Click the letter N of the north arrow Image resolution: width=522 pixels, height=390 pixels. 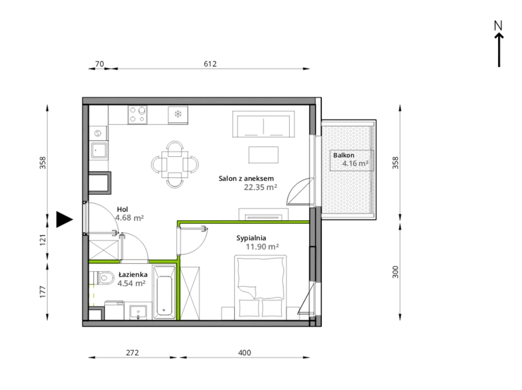click(498, 26)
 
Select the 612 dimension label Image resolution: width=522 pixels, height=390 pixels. click(210, 64)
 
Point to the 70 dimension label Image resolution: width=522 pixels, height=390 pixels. click(99, 64)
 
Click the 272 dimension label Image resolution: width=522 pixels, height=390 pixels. click(132, 353)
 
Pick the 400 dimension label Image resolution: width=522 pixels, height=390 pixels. click(245, 353)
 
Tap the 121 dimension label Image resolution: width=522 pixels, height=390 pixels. click(43, 240)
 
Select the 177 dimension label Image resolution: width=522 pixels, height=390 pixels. click(43, 292)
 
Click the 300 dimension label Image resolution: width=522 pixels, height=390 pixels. click(395, 272)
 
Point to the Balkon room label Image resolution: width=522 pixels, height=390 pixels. click(344, 155)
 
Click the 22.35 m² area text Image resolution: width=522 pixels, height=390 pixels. click(260, 187)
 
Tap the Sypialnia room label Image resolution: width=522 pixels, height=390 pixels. click(251, 238)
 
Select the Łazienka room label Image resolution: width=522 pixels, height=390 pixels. click(133, 274)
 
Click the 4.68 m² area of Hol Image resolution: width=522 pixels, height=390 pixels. click(129, 218)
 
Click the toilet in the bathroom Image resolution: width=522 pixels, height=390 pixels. click(103, 278)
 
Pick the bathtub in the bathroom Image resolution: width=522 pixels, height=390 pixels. click(164, 292)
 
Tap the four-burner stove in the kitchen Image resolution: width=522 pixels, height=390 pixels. click(137, 115)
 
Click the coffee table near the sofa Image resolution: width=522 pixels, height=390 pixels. click(263, 155)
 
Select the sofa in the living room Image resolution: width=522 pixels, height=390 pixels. click(263, 124)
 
